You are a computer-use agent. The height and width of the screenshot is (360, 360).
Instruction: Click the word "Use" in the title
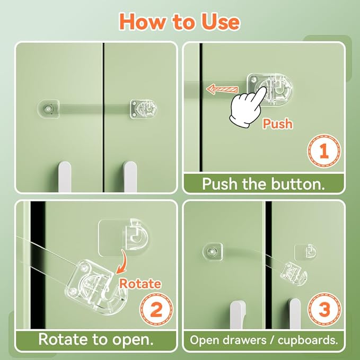(221, 22)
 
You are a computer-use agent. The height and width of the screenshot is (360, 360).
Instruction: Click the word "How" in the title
(142, 22)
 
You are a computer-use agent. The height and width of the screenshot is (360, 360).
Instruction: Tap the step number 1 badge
(324, 151)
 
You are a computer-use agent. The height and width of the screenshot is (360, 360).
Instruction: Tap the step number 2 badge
(157, 309)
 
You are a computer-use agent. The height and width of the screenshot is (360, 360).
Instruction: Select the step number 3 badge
(324, 309)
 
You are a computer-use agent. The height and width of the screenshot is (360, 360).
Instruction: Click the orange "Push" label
(278, 124)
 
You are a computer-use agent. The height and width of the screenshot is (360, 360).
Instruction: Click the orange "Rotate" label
(140, 284)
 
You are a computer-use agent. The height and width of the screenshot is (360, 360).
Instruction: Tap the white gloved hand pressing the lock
(248, 106)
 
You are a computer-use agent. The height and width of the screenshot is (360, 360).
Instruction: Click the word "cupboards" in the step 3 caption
(308, 340)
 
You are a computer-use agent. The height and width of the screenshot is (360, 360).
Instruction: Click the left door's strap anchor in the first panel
(48, 109)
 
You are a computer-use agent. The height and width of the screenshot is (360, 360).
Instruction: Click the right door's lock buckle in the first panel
(144, 109)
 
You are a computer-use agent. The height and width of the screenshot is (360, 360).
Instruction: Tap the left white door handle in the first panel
(65, 177)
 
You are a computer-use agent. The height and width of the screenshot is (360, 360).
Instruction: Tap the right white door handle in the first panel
(130, 177)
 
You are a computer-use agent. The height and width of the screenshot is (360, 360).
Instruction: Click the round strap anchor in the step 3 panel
(213, 252)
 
